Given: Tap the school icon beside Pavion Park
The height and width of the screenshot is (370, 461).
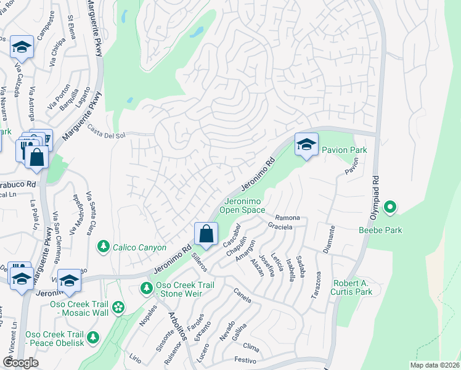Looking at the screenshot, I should point(306,145).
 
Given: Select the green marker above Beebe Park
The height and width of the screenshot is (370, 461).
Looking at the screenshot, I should point(390,208).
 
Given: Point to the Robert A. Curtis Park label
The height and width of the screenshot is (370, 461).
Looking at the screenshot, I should point(353,287).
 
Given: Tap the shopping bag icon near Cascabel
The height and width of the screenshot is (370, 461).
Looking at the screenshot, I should point(206,234).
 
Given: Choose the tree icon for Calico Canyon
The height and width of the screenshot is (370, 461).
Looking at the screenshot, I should point(104,247).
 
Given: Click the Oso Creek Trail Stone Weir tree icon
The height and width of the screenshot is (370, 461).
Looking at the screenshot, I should point(146,288).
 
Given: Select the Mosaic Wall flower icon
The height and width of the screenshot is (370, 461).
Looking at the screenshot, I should point(118,307).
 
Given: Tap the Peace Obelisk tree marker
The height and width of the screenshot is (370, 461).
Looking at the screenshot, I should point(92,337).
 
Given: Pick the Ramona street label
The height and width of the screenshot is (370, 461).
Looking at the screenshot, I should point(287,218).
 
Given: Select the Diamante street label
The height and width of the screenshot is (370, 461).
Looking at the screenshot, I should point(329,239).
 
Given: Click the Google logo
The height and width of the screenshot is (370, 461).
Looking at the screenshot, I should point(20,362).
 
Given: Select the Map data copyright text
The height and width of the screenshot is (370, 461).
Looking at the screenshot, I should point(435,364).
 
